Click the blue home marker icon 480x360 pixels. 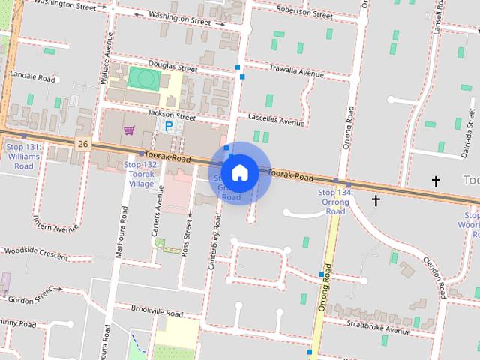(239, 172)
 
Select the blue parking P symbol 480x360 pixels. (169, 127)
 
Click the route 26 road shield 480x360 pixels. (82, 143)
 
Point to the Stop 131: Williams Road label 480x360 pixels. (23, 156)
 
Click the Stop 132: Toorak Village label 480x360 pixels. (141, 174)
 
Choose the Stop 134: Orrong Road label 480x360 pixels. (334, 202)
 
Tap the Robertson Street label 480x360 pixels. (304, 13)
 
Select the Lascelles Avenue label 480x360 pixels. (276, 121)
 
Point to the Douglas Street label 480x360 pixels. (172, 67)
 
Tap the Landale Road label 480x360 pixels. (31, 77)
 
